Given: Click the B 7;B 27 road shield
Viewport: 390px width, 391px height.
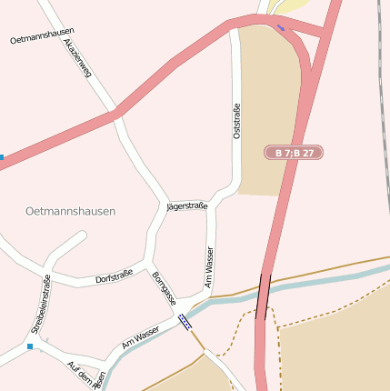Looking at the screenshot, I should [295, 153].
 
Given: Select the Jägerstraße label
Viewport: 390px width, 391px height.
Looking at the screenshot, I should [188, 206].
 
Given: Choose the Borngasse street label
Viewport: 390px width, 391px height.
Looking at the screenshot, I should [164, 288].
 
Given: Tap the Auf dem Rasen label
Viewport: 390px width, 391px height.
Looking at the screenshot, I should [86, 371].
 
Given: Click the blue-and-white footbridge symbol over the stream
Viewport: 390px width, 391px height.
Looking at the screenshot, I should [185, 322].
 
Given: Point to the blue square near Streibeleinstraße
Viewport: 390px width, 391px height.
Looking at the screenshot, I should [30, 346].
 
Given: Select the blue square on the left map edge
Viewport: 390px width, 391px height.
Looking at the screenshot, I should [2, 157].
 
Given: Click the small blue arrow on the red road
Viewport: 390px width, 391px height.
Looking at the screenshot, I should [280, 27].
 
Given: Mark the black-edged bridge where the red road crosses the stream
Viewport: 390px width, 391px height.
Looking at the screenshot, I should [264, 296].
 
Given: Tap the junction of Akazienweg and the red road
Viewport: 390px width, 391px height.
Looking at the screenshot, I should [115, 115].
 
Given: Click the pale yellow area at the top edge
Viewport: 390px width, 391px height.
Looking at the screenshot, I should [295, 7].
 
